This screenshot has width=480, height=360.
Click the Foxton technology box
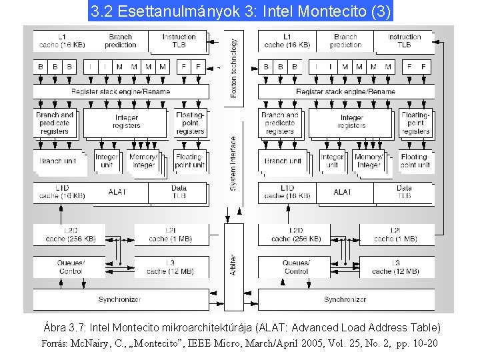click(233, 67)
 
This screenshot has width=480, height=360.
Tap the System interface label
click(233, 163)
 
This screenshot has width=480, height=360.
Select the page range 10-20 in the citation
click(423, 344)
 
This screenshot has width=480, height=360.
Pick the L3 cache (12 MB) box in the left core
click(170, 267)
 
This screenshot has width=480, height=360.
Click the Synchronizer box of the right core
click(345, 299)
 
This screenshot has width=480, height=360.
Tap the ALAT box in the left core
click(117, 192)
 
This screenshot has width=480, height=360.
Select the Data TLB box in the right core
click(404, 192)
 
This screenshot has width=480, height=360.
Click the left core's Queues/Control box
click(71, 267)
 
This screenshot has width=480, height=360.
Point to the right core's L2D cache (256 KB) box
click(296, 235)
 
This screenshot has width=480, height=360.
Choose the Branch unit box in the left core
click(58, 161)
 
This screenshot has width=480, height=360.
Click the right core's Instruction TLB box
click(405, 41)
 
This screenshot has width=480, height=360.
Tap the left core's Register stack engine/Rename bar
click(130, 91)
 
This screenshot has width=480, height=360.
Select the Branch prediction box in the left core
click(121, 41)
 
